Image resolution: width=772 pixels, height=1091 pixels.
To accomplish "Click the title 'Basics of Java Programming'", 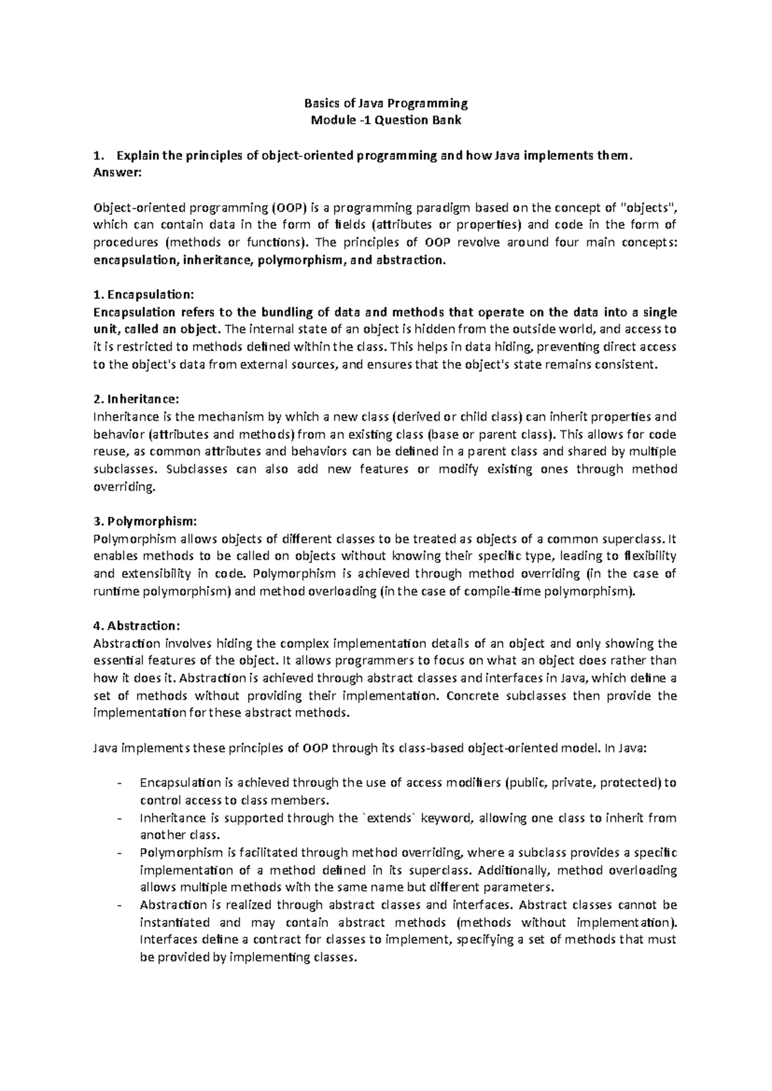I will tap(385, 103).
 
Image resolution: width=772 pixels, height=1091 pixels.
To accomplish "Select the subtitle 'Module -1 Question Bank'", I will tap(385, 120).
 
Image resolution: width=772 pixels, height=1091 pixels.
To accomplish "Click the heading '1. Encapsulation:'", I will tap(143, 295).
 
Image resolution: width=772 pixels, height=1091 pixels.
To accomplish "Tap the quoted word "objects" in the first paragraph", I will tap(651, 208).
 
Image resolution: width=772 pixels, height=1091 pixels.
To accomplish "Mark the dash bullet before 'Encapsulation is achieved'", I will tap(120, 784).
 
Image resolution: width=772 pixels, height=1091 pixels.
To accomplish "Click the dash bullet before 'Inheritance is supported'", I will tap(120, 818).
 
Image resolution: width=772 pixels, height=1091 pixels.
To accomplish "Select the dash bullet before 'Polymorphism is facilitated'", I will tap(120, 853).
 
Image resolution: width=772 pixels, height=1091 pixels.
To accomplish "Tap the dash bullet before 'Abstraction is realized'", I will tap(120, 905).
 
